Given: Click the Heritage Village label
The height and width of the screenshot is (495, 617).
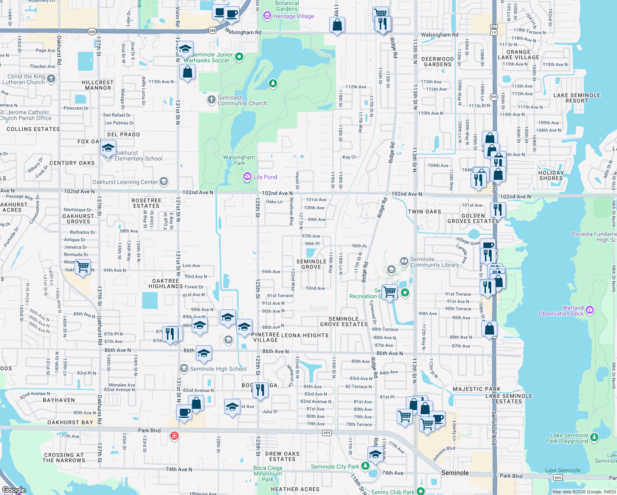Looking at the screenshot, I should click(x=293, y=16).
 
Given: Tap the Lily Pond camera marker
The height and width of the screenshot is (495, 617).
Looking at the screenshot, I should click(x=247, y=177).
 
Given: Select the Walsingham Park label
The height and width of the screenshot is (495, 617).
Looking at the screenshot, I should click(x=239, y=160).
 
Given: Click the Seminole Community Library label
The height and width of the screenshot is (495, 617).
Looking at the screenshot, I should click(x=434, y=262).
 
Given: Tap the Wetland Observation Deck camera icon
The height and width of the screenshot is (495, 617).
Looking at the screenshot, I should click(x=590, y=310).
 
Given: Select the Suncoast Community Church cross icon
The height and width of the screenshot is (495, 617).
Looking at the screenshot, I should click(x=211, y=99).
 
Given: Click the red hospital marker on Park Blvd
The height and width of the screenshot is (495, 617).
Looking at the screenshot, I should click(x=174, y=436).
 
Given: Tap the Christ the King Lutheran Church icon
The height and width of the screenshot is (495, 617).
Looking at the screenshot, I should click(x=51, y=78).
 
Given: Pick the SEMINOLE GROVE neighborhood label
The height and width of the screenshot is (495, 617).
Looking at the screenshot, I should click(x=311, y=264).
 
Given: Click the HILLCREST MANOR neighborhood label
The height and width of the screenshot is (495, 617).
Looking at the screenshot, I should click(x=98, y=85).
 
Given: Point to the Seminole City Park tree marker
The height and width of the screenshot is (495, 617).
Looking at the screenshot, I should click(x=365, y=466).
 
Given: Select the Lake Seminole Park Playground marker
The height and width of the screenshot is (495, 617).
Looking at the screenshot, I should click(x=594, y=437).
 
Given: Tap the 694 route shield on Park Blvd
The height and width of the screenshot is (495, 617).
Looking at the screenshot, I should click(x=327, y=433).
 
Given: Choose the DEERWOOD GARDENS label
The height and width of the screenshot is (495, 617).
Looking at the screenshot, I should click(x=438, y=62).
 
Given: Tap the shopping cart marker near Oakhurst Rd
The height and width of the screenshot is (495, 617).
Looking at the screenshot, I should click(x=83, y=267).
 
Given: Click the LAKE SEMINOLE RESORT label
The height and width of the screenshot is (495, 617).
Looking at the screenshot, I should click(x=577, y=98).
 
